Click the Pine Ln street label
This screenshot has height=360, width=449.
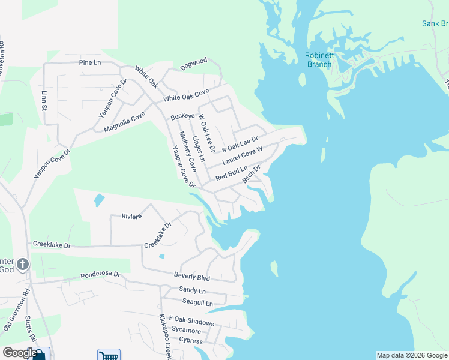point(90,62)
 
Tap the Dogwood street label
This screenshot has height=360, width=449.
point(194,61)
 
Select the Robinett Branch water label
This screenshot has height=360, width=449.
point(319,60)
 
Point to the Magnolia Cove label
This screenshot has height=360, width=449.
point(124,121)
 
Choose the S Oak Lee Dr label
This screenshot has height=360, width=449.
point(240,145)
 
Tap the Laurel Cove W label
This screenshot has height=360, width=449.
point(243,158)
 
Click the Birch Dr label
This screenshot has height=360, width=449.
point(251,174)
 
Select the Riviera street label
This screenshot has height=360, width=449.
point(131,216)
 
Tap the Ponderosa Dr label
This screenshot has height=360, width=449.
point(100,275)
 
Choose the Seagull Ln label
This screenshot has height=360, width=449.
point(197,304)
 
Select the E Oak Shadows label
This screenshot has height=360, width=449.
point(191,322)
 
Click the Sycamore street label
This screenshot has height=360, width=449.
point(186,331)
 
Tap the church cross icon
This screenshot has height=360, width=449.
point(22,264)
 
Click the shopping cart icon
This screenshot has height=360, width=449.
point(109,355)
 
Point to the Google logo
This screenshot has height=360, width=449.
point(19,353)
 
